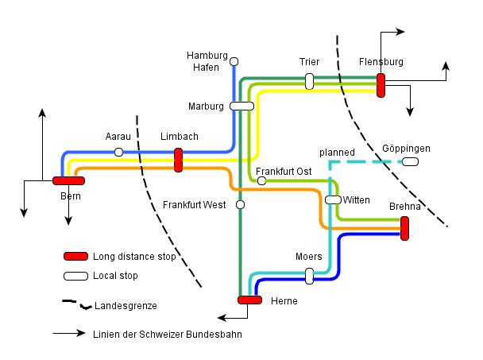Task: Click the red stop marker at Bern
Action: coord(68,180)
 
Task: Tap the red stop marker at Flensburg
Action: coord(381,84)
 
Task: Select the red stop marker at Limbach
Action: coord(178,160)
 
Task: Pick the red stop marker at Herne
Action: coord(249,300)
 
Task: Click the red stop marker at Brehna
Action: coord(404,228)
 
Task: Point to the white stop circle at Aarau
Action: coord(118,152)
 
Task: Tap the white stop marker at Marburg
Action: coord(241,106)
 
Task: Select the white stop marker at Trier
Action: coord(309,81)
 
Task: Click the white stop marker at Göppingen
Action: coord(410,162)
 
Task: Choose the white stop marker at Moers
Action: coord(309,276)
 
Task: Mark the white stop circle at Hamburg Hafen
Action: coord(234,60)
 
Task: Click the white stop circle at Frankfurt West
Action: coord(240,205)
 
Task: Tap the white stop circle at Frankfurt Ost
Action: coord(261,180)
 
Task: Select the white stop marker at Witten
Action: coord(333,199)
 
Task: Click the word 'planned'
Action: coord(337,151)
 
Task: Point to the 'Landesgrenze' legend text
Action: coord(126,306)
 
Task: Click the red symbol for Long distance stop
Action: coord(75,256)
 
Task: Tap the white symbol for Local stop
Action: coord(75,276)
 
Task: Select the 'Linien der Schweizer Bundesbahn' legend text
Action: coord(166,335)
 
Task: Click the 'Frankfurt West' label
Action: coord(195,205)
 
